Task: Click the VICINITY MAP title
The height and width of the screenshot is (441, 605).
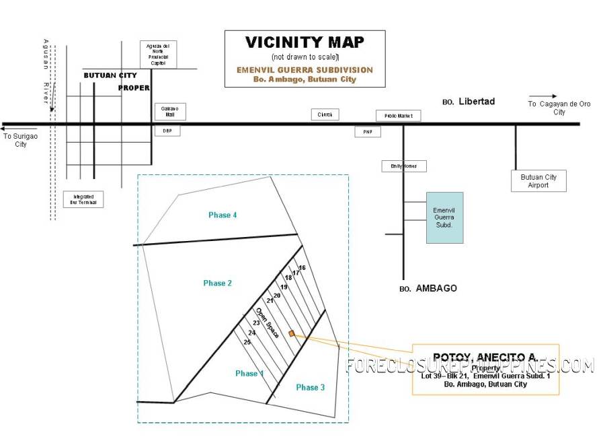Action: pos(305,42)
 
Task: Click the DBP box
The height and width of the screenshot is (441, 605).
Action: pos(167,131)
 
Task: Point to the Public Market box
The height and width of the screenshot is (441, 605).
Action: pos(398,116)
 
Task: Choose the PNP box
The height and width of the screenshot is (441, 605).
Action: pos(368,132)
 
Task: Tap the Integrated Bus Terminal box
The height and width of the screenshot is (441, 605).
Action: pos(84,199)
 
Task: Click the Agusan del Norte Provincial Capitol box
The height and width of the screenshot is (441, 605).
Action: pos(158,55)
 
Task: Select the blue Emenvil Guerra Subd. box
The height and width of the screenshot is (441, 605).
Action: pos(444,217)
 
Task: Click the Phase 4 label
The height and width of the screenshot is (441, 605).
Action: pos(223,215)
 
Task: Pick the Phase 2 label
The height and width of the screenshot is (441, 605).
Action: pos(218,283)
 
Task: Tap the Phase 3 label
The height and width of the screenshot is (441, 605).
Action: pos(311,387)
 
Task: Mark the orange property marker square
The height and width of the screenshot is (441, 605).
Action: pos(291,333)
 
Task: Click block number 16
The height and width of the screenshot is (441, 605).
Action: pos(302,268)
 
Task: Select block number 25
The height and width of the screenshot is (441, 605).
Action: pos(247,342)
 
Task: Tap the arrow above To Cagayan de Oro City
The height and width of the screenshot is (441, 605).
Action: pos(542,96)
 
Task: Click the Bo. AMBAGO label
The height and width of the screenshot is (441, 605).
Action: pos(428,288)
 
